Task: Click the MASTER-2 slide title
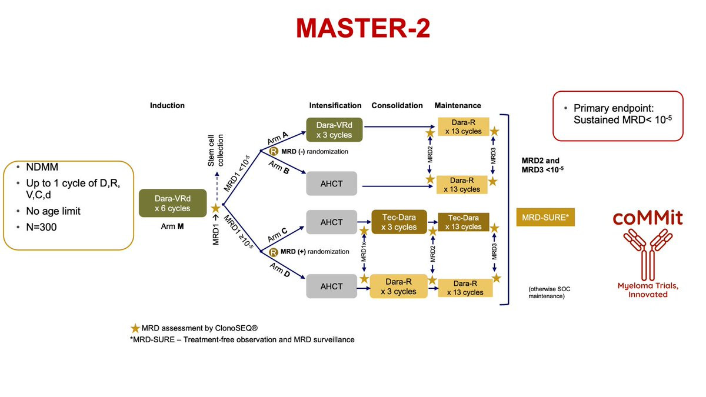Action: pyautogui.click(x=362, y=28)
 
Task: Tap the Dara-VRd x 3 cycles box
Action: pyautogui.click(x=334, y=129)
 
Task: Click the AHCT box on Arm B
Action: pyautogui.click(x=332, y=184)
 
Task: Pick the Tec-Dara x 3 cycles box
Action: pyautogui.click(x=398, y=222)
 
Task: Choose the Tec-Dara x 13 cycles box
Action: pyautogui.click(x=464, y=222)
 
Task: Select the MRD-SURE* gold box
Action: pyautogui.click(x=545, y=217)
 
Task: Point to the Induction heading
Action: pyautogui.click(x=167, y=106)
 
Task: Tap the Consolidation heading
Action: pyautogui.click(x=397, y=106)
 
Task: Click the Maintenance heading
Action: pyautogui.click(x=458, y=106)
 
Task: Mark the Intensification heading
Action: pyautogui.click(x=335, y=106)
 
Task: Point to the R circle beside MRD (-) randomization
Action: pyautogui.click(x=274, y=151)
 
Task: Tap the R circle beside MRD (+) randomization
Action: pyautogui.click(x=274, y=252)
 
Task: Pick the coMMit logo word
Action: pyautogui.click(x=647, y=218)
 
